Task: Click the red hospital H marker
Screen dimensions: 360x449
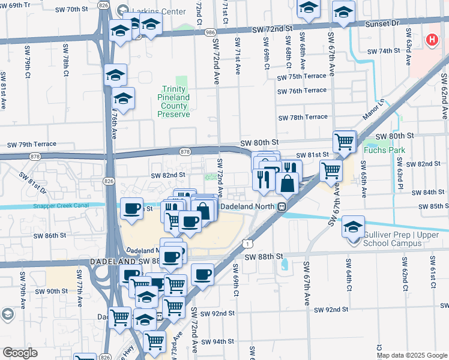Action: point(431,40)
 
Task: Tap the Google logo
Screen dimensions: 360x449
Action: point(20,353)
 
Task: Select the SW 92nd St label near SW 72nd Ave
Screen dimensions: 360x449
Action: point(217,314)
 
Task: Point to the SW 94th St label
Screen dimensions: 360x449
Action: point(217,341)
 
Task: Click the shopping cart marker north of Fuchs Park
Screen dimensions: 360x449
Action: point(345,142)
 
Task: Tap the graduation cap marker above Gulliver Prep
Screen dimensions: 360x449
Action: point(354,226)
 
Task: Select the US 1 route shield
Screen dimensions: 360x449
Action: point(247,242)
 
